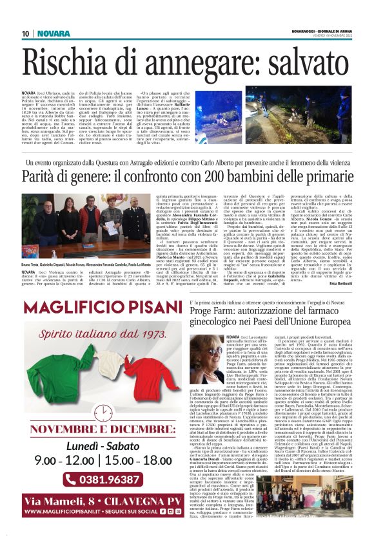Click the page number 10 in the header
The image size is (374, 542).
25,33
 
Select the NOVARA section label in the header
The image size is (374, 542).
54,33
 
